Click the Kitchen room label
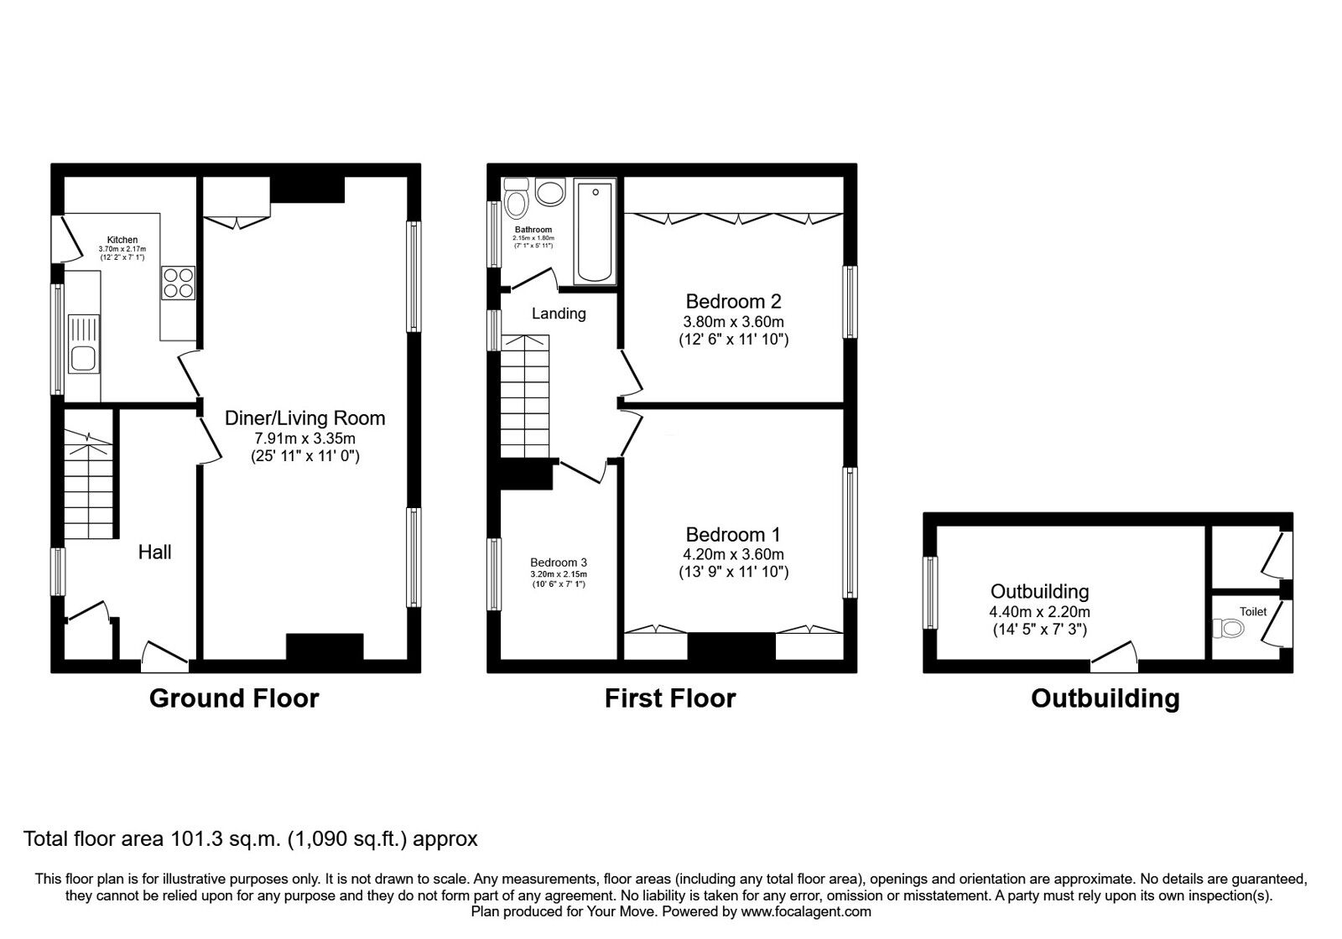click(x=122, y=240)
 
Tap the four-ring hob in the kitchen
click(x=179, y=283)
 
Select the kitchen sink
click(x=84, y=344)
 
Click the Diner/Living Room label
click(x=304, y=418)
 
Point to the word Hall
click(x=154, y=552)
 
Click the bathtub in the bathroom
click(x=595, y=232)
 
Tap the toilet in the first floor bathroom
click(x=517, y=199)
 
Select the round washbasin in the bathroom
click(x=550, y=192)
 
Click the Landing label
click(x=559, y=314)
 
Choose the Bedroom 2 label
click(x=733, y=301)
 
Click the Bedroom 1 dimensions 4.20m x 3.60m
click(x=733, y=554)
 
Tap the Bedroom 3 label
click(x=559, y=563)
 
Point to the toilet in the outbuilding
click(x=1229, y=628)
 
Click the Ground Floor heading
click(x=234, y=698)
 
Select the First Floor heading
click(x=670, y=698)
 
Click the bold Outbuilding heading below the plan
click(x=1105, y=698)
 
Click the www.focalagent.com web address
click(x=806, y=911)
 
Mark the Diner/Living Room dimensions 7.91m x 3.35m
click(x=305, y=438)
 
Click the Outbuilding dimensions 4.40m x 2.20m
click(x=1039, y=611)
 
